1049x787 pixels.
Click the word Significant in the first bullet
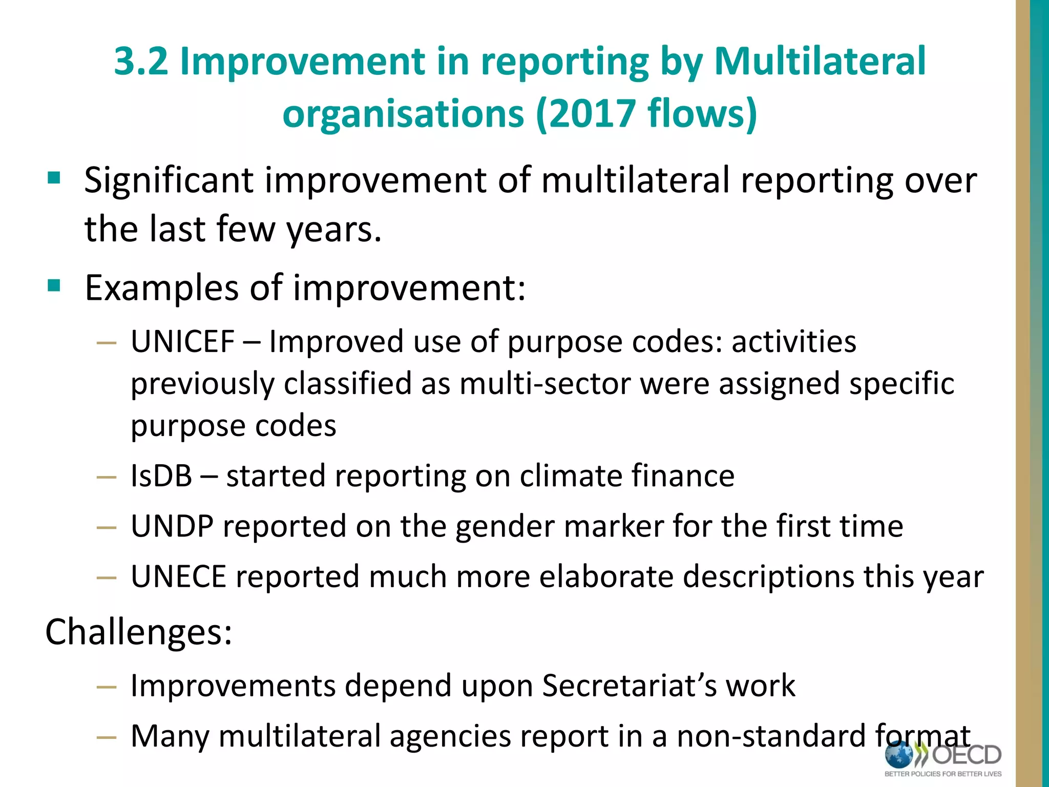pyautogui.click(x=169, y=181)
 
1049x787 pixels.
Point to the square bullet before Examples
pyautogui.click(x=54, y=285)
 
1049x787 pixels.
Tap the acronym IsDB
pyautogui.click(x=161, y=476)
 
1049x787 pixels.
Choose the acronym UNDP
pyautogui.click(x=172, y=526)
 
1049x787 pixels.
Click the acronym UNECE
pyautogui.click(x=179, y=577)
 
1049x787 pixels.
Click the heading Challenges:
pyautogui.click(x=139, y=632)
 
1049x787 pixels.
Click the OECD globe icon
pyautogui.click(x=899, y=755)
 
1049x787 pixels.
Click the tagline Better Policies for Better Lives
pyautogui.click(x=943, y=774)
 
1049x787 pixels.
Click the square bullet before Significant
pyautogui.click(x=54, y=178)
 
